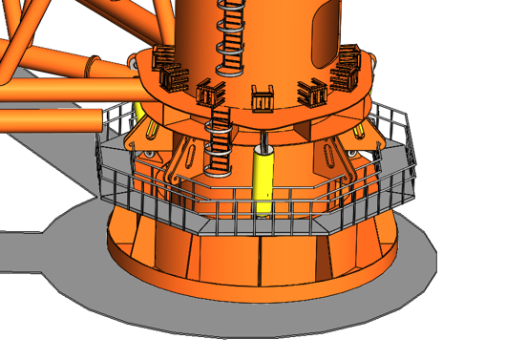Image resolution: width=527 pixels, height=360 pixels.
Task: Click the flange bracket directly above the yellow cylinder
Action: [x=263, y=98]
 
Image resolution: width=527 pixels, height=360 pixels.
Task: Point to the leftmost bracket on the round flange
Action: [x=162, y=60]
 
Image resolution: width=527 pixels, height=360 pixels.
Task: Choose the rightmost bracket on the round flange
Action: [x=345, y=76]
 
